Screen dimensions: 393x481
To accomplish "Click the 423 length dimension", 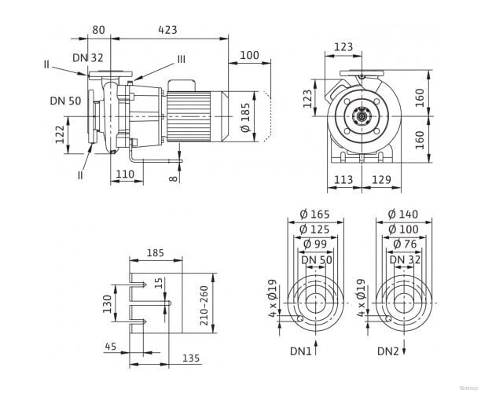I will coord(167,29).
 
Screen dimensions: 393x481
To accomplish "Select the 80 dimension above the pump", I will coord(98,29).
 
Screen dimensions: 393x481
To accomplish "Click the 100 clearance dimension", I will coord(249,55).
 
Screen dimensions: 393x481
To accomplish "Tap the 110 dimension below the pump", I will coord(126,174).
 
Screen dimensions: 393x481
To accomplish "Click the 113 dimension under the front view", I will coord(343,180).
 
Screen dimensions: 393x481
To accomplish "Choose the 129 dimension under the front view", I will coord(381,180).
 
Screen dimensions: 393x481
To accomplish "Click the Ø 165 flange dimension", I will coord(315,213).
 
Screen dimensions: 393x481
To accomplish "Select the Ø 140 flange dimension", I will coord(402,213).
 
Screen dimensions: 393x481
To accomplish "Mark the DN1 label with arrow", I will coord(299,350).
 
